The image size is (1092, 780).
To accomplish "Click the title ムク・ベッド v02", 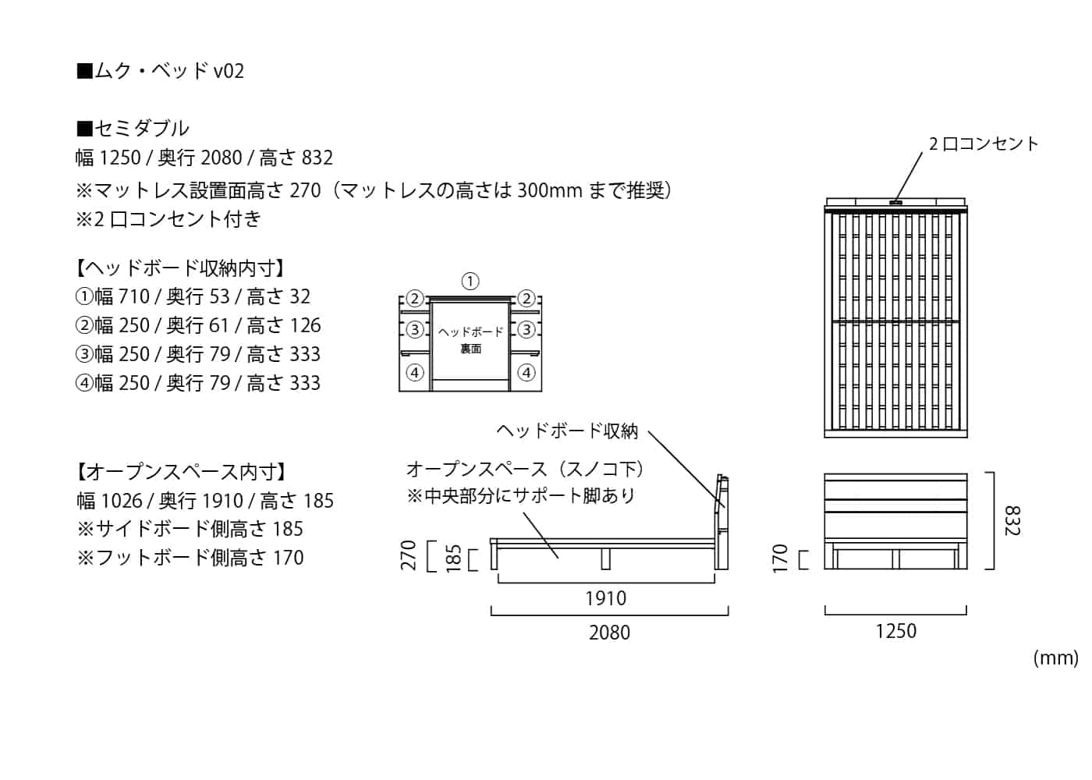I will (161, 71).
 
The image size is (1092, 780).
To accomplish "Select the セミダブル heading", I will (133, 128).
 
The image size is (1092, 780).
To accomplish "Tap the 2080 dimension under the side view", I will (609, 633).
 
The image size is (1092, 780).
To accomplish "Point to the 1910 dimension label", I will (605, 598).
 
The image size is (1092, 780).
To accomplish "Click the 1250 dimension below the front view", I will (895, 631).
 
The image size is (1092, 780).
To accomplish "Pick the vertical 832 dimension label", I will (1011, 520).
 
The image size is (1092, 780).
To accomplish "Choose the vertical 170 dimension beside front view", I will (780, 558).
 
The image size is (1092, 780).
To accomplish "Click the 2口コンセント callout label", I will (984, 144).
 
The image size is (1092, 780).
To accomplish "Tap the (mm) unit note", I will (1055, 658).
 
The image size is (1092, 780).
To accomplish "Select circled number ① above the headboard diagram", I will (470, 282).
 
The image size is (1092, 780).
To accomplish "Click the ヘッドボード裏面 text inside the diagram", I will (470, 340).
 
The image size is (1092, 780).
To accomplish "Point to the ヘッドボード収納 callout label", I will (567, 431).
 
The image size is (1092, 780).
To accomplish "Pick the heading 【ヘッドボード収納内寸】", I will (180, 268).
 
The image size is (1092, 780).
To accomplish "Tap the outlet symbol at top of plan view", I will (895, 203).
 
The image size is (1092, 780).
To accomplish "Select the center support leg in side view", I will (604, 558).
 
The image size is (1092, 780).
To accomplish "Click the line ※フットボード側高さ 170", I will (190, 558).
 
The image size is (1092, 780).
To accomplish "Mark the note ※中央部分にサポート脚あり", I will (521, 495).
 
